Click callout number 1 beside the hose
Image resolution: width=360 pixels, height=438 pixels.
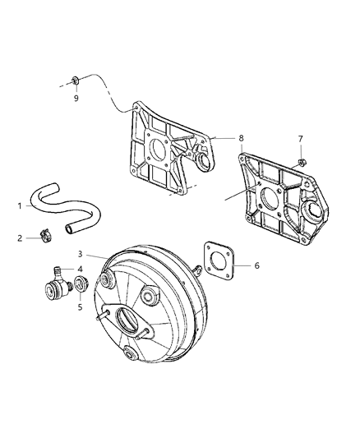click(x=19, y=206)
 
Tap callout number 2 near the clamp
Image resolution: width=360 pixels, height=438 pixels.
click(x=19, y=238)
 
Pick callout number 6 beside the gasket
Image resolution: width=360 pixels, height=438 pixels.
click(x=256, y=265)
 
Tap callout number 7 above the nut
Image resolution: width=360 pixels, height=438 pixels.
click(x=300, y=139)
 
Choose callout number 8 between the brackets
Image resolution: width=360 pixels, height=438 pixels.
click(x=241, y=139)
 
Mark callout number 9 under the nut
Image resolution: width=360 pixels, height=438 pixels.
click(x=76, y=99)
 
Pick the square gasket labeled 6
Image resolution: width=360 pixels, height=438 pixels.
click(x=219, y=258)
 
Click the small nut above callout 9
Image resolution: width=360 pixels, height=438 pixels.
click(x=75, y=81)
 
